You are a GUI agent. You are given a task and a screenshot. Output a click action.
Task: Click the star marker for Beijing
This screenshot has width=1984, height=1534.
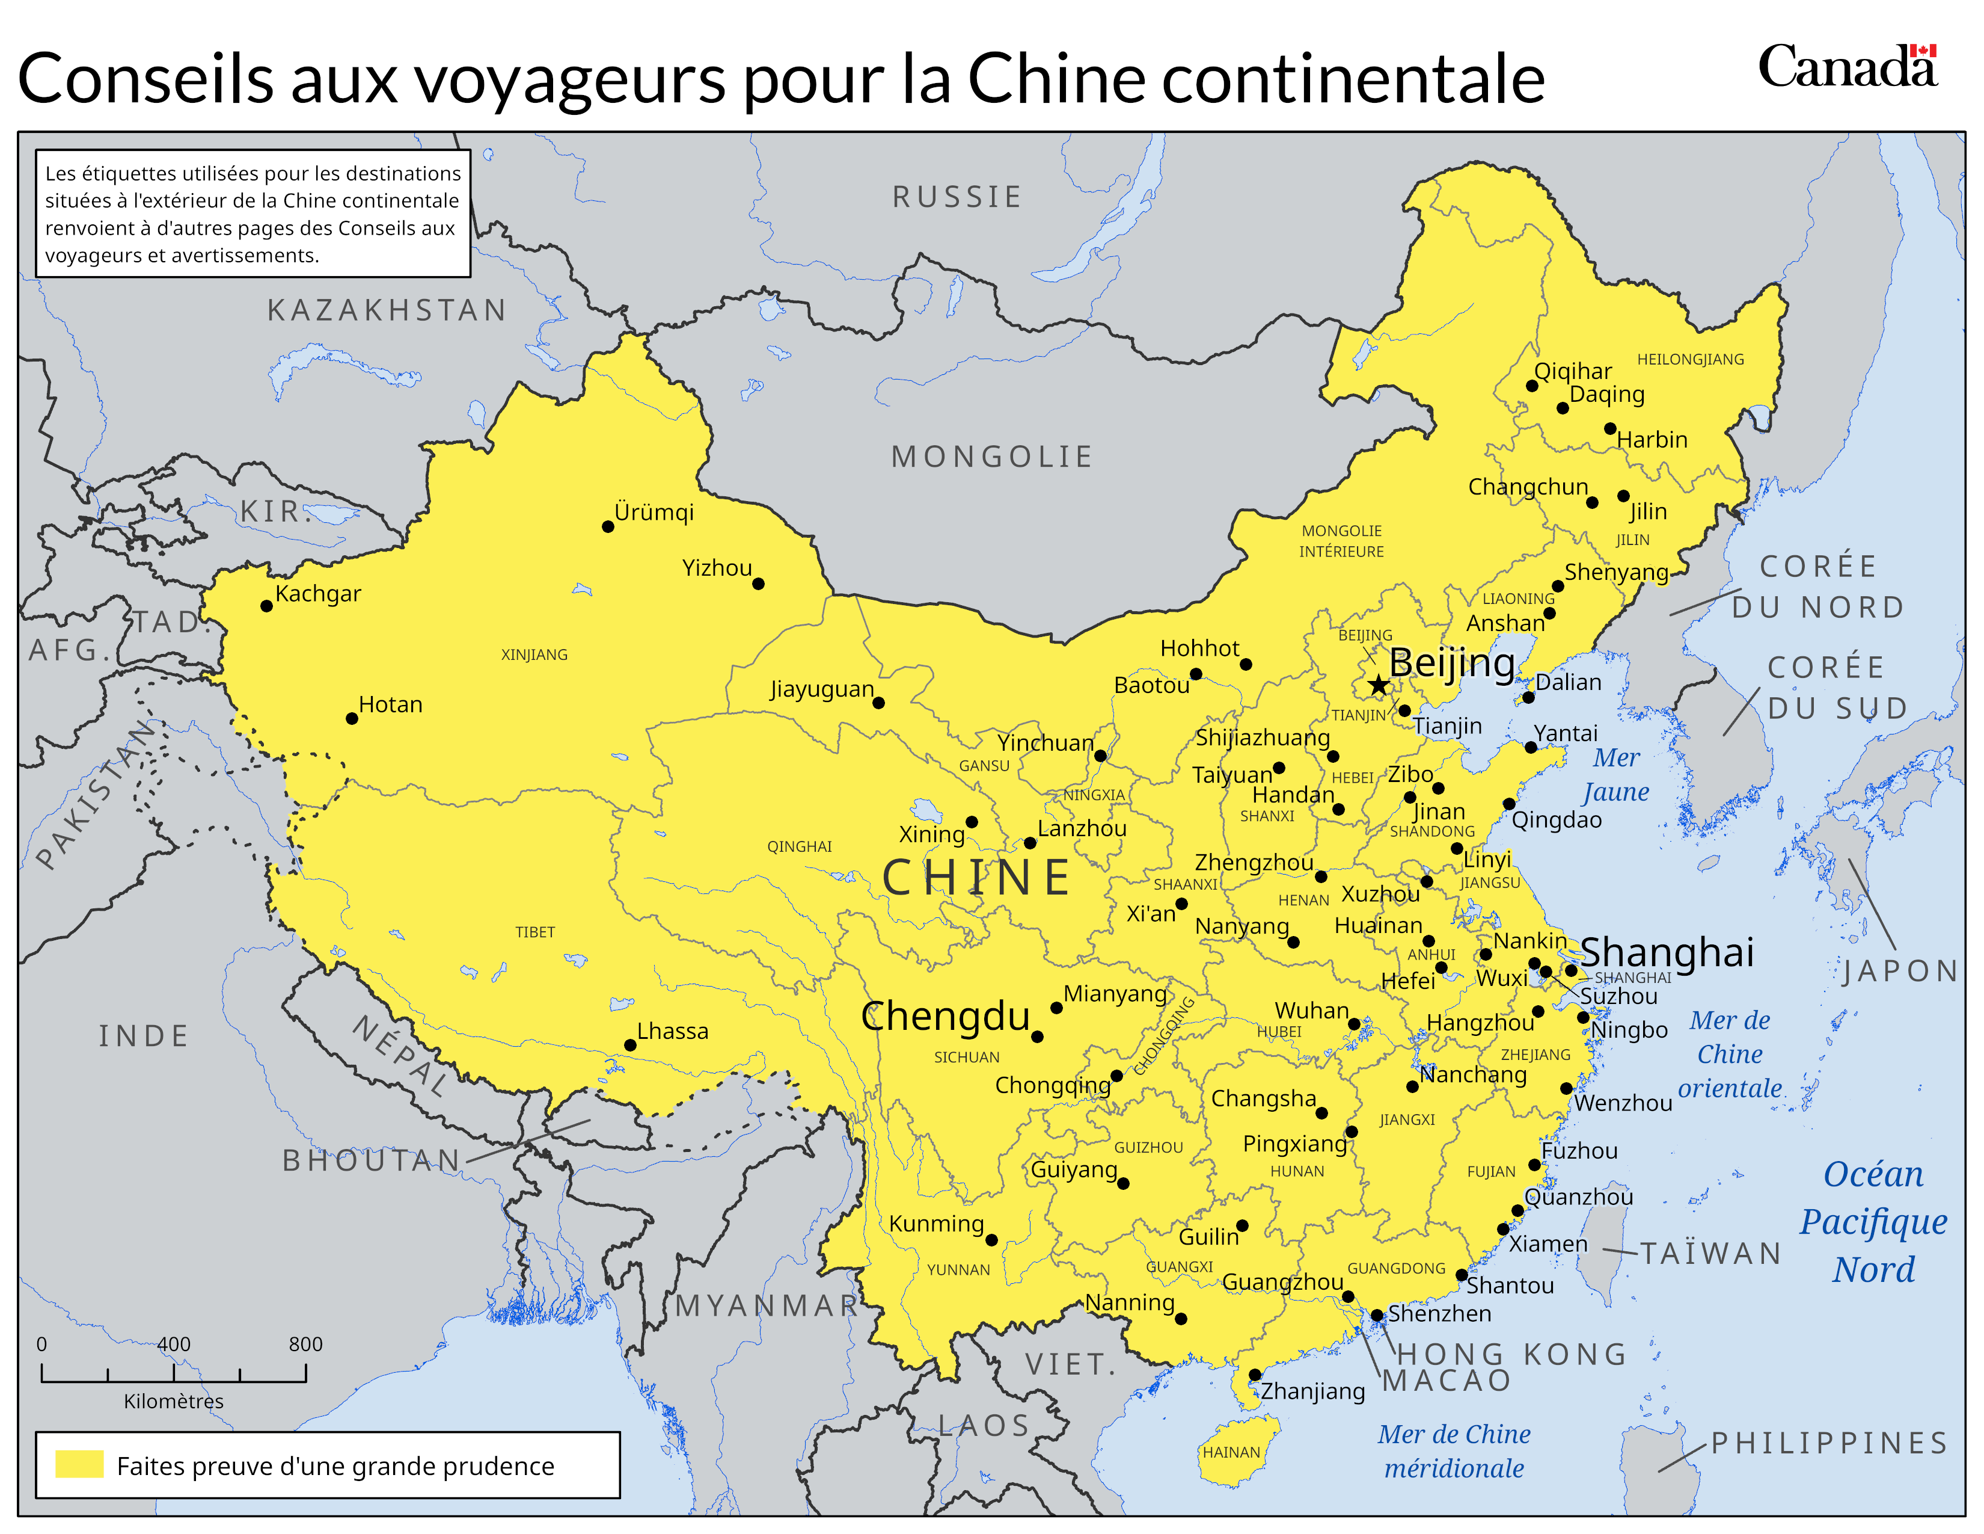coord(1378,685)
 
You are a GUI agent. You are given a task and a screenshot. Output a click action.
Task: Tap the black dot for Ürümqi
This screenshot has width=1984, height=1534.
coord(608,526)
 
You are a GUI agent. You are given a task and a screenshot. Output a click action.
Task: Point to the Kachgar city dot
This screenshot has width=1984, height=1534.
coord(266,606)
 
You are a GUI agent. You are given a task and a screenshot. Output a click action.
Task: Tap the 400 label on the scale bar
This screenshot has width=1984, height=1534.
coord(174,1344)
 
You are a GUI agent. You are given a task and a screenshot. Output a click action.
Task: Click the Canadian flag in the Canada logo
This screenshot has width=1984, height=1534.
coord(1923,51)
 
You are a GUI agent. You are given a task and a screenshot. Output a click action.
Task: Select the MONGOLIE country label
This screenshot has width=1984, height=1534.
coord(992,456)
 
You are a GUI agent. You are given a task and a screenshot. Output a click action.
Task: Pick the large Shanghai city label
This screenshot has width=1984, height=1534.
coord(1667,952)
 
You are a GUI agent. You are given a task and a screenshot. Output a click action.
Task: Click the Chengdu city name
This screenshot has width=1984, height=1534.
coord(945,1016)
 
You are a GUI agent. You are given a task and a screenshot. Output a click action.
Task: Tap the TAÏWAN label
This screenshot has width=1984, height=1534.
coord(1710,1254)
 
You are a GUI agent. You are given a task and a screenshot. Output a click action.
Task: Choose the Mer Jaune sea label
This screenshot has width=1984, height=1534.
coord(1616,774)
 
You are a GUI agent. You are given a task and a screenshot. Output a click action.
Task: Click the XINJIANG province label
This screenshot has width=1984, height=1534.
coord(534,655)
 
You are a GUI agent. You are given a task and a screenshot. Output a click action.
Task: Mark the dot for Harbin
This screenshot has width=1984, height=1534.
coord(1609,428)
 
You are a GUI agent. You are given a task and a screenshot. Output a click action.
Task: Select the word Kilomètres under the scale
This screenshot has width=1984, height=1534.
coord(174,1401)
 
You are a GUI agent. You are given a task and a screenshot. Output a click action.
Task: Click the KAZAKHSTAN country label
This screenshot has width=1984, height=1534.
coord(387,311)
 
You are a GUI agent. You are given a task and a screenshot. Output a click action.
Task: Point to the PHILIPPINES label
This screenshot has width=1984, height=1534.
coord(1829,1443)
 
